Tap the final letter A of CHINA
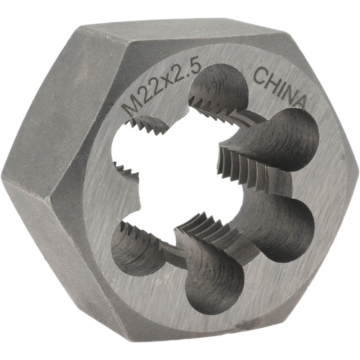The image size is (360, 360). click(298, 101)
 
